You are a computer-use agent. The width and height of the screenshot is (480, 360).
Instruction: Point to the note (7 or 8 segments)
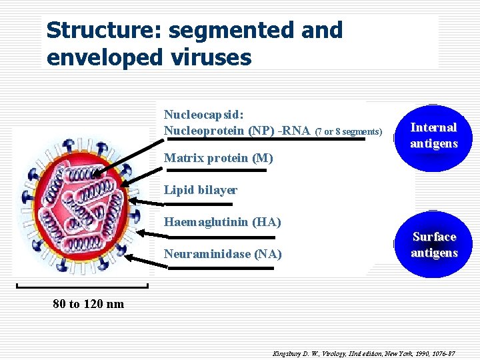click(x=348, y=132)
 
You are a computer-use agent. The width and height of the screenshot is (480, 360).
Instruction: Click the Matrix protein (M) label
click(x=209, y=159)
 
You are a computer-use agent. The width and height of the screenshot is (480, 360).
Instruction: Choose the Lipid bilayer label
click(x=200, y=190)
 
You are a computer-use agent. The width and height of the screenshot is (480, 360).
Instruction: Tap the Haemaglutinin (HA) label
click(x=222, y=221)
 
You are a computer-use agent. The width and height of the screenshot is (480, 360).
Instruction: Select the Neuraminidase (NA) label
click(x=223, y=254)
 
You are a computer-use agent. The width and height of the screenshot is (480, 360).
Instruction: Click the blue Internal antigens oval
click(x=433, y=136)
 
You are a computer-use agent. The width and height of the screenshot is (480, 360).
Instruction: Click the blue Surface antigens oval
click(x=434, y=245)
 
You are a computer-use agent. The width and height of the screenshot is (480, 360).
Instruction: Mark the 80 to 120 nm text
click(x=88, y=304)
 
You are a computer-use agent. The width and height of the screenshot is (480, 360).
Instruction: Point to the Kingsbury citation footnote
click(x=363, y=351)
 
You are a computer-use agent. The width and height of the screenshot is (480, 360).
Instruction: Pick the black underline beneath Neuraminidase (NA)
click(x=221, y=267)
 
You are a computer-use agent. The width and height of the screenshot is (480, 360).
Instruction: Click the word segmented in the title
click(x=256, y=30)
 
